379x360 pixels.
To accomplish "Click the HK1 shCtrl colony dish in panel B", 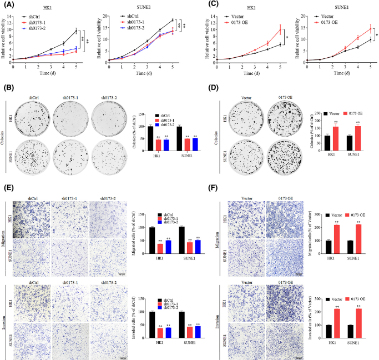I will [x=34, y=118].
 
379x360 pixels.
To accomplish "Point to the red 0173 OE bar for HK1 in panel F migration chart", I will [x=337, y=233].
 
